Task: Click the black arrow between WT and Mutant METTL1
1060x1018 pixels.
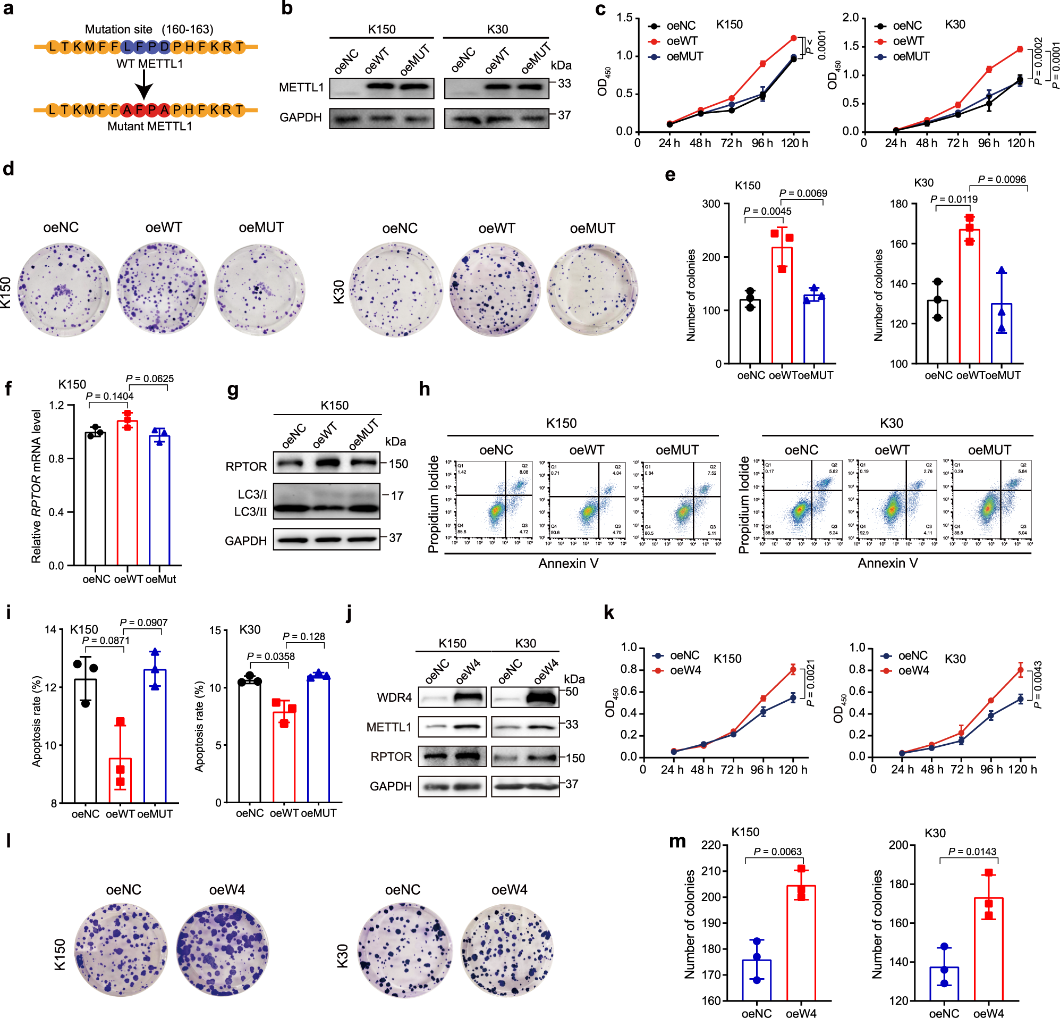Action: [144, 86]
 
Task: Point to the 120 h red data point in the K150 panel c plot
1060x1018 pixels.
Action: [793, 38]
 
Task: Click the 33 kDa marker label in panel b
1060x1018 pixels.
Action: [564, 83]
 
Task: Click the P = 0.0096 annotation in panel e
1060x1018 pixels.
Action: [1002, 179]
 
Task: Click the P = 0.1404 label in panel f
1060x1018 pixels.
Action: [110, 396]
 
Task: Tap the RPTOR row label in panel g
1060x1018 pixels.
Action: [246, 467]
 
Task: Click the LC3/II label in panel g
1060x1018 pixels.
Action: [250, 511]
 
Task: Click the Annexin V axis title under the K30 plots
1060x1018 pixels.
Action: [887, 563]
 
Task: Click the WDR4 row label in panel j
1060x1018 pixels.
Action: [394, 697]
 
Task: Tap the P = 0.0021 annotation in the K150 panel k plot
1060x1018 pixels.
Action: [810, 683]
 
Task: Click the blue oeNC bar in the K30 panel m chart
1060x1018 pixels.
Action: [944, 983]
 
